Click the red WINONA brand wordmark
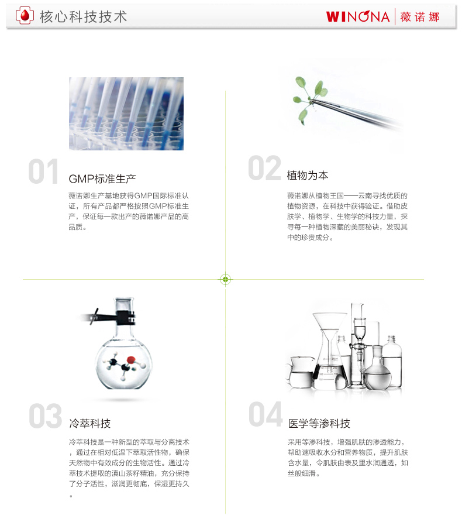point(358,16)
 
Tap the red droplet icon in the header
point(25,16)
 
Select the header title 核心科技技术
point(83,16)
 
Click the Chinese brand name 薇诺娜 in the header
point(420,16)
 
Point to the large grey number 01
point(43,171)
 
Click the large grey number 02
point(265,168)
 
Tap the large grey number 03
point(46,416)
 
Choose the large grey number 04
point(266,414)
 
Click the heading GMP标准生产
point(102,179)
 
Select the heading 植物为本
point(308,176)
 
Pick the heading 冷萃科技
point(90,424)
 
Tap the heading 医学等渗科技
point(319,424)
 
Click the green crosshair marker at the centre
point(226,279)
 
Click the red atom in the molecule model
point(131,360)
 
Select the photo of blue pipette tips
point(126,114)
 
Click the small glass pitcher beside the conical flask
point(301,373)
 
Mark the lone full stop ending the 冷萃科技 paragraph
point(71,496)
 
